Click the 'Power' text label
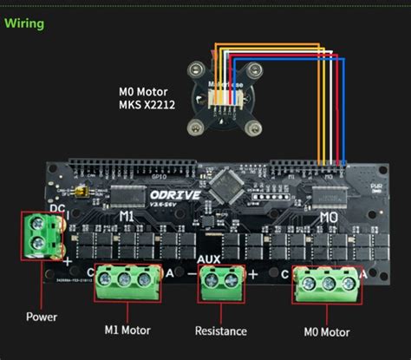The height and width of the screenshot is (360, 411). (42, 317)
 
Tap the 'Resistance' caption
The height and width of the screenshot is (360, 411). (222, 331)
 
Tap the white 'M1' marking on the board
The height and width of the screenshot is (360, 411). (127, 215)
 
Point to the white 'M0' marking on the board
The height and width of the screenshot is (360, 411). (329, 215)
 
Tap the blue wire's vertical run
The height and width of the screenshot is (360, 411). (342, 113)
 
